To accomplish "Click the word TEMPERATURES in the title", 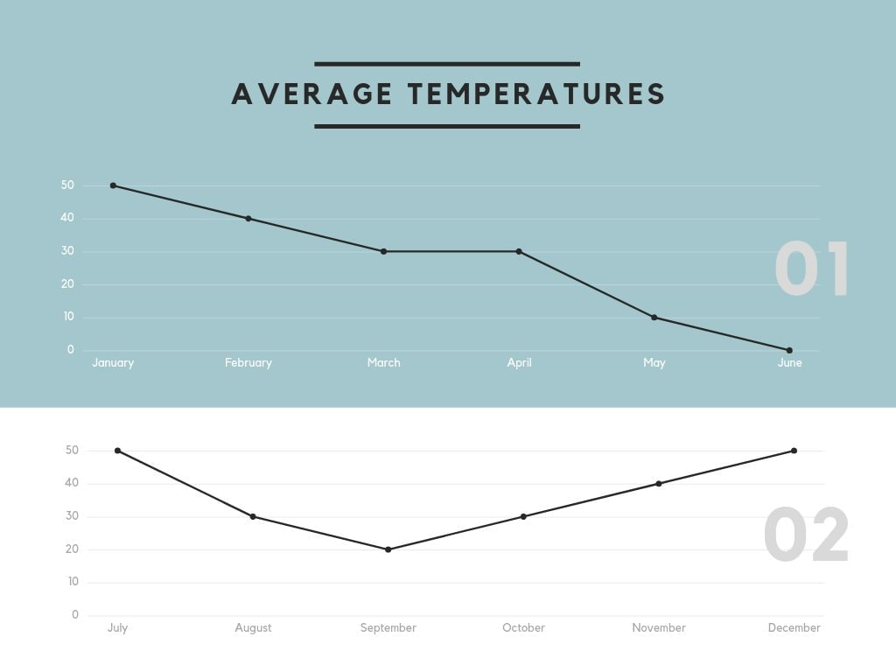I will tap(537, 94).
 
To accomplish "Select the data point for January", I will tap(113, 185).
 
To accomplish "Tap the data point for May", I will tap(654, 318).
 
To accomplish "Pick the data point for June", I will tap(789, 350).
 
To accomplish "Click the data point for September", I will tap(388, 549).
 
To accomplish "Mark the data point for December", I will tap(794, 451).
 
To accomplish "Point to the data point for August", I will tap(253, 516).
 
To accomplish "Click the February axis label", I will tap(248, 363).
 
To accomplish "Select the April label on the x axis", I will tap(519, 363).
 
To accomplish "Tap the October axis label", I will tap(523, 628).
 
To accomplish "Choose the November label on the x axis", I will tap(659, 628).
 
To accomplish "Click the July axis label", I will tap(117, 628).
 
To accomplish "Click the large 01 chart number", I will tap(812, 270).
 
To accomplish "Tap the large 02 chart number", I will tap(807, 535).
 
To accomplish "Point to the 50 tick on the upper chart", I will tap(67, 185).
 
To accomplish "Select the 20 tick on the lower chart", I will tap(72, 549).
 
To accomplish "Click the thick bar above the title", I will tap(447, 64).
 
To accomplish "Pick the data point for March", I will tap(383, 251).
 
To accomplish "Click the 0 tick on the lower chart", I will tap(75, 615).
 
